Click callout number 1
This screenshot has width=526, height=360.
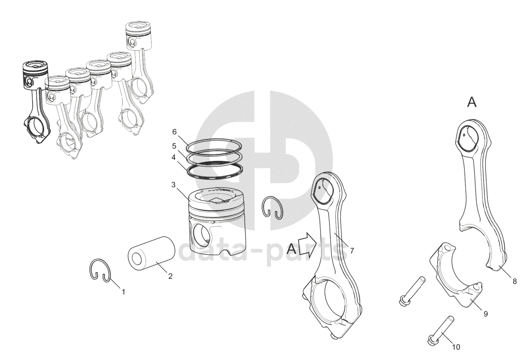[x=123, y=292]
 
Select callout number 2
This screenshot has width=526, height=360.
[x=170, y=276]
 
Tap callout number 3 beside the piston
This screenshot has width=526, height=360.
[x=174, y=185]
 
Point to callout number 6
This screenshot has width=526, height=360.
[x=174, y=132]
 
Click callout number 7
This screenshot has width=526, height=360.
[x=352, y=251]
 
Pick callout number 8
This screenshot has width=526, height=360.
[x=514, y=281]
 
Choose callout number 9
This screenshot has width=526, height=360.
[x=486, y=314]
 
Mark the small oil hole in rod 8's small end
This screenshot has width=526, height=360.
[x=464, y=135]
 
